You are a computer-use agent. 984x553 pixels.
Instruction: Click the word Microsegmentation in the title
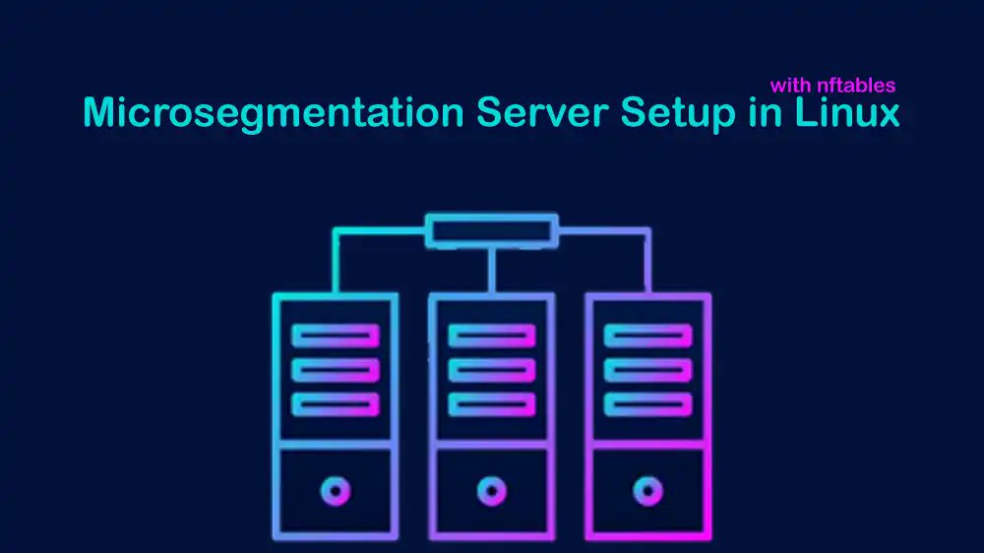coord(273,113)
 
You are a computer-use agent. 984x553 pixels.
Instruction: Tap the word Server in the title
coord(542,113)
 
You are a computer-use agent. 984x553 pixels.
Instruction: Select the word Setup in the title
coord(677,113)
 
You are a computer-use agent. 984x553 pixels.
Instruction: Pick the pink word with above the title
coord(790,86)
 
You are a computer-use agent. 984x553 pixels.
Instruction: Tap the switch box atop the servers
coord(491,231)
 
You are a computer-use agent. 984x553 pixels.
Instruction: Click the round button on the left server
coord(336,489)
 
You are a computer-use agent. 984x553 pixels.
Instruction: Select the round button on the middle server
coord(491,489)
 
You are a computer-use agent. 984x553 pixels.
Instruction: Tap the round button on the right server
coord(647,489)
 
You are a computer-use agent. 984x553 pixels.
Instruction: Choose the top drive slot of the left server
coord(336,336)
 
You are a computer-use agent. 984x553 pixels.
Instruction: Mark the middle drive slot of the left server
coord(336,370)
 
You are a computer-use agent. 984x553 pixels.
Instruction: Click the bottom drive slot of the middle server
coord(491,404)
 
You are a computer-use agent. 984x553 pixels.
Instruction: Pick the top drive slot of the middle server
coord(491,336)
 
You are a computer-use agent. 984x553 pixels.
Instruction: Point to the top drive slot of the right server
coord(647,336)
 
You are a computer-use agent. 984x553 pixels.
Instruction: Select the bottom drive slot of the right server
coord(647,404)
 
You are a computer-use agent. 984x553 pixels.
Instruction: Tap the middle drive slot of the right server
coord(647,370)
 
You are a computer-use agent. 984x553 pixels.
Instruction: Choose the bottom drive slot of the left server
coord(336,404)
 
